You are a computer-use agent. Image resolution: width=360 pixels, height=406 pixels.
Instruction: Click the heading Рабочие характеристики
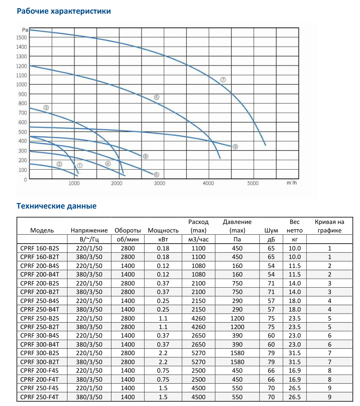click(64, 11)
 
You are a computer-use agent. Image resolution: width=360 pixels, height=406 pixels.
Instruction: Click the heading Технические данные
click(56, 206)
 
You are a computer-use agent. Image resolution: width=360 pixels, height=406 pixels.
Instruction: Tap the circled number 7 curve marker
click(223, 80)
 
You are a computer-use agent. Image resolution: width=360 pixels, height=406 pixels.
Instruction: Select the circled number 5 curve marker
click(157, 97)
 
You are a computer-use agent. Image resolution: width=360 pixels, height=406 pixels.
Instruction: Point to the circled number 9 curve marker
click(235, 147)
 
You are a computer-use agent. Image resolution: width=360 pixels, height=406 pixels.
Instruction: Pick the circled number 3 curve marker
click(47, 107)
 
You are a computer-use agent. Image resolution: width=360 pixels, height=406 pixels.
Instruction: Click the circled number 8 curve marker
click(145, 156)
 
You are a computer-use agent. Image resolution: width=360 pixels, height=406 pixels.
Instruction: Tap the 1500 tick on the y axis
click(22, 38)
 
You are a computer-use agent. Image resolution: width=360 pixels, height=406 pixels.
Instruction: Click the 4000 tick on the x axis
click(208, 183)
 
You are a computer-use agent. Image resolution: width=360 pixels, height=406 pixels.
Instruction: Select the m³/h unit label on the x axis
click(292, 183)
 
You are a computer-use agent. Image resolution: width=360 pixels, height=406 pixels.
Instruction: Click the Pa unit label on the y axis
click(25, 29)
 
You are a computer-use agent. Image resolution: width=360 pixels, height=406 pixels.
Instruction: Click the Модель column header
click(42, 230)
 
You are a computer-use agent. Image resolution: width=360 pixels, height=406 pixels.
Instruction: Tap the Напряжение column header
click(89, 230)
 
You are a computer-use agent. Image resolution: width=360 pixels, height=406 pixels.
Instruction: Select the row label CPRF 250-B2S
click(40, 318)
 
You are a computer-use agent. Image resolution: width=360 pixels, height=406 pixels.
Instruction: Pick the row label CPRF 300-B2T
click(40, 362)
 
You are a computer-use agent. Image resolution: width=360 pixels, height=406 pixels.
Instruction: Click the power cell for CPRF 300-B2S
click(163, 353)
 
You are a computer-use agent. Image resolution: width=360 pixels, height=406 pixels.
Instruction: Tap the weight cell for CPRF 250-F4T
click(295, 397)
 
